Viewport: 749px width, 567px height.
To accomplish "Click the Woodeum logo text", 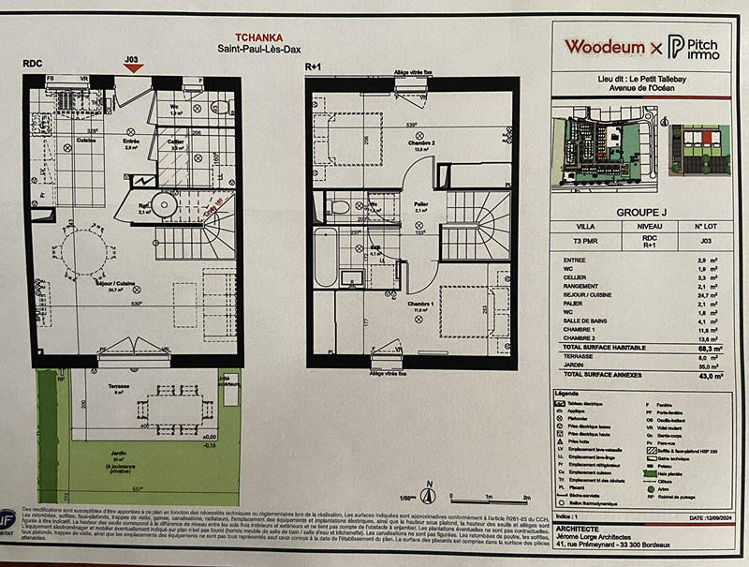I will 604,47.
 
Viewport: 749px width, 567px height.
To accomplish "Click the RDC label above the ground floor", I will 32,64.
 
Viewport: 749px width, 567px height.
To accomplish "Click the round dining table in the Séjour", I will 82,256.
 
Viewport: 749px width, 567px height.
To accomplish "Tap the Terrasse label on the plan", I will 118,386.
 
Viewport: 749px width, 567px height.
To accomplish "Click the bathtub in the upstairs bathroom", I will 324,256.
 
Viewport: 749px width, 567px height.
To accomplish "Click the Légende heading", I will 568,394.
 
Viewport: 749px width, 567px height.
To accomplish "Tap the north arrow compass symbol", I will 428,495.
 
